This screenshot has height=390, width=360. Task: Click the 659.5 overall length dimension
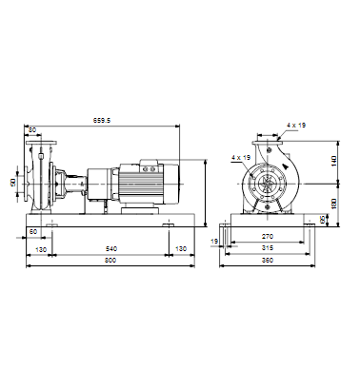(x=102, y=120)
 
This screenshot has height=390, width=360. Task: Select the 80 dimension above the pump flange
(x=32, y=129)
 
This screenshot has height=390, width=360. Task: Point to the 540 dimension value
(x=110, y=249)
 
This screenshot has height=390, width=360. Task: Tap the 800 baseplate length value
(x=110, y=261)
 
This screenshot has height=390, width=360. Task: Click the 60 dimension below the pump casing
(x=33, y=232)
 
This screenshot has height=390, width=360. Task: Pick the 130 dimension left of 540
(x=41, y=249)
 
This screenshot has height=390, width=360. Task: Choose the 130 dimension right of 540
(x=181, y=249)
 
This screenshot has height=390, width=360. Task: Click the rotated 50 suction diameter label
(x=13, y=183)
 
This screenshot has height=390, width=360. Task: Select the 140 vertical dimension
(x=333, y=162)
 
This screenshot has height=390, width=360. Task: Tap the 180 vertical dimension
(x=333, y=204)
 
